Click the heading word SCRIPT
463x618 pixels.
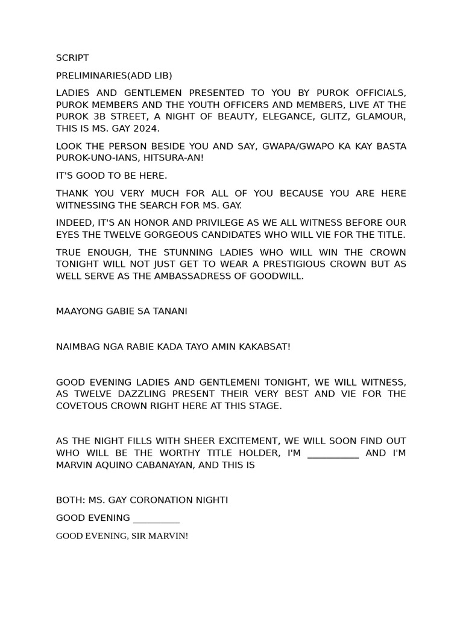(72, 58)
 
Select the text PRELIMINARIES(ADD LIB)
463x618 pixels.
(114, 75)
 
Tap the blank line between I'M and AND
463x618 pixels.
(333, 453)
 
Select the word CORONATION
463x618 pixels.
(166, 500)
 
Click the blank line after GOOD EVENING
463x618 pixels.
(156, 518)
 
